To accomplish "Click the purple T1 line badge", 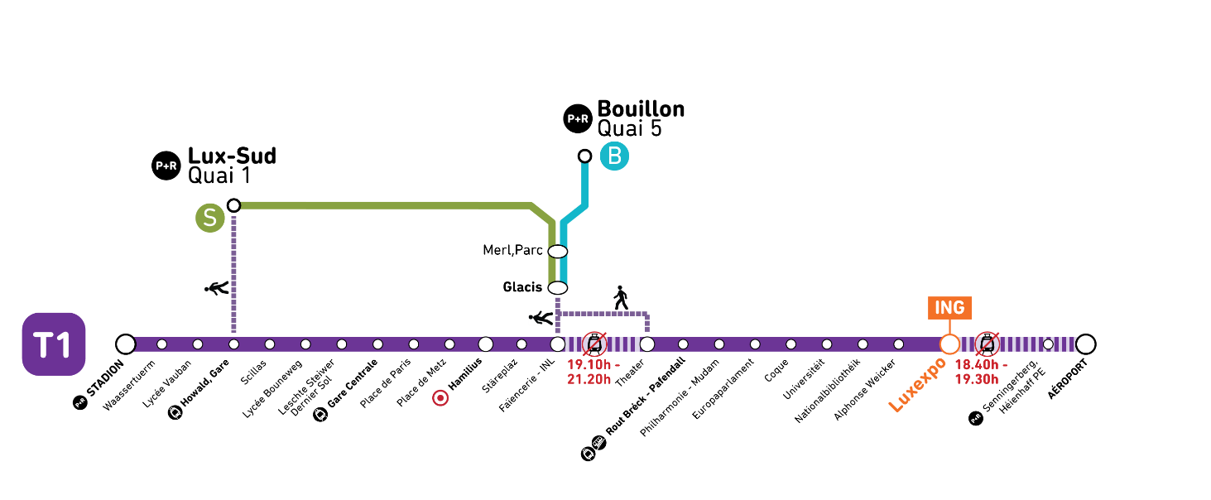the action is point(54,344).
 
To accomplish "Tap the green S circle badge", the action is point(209,218).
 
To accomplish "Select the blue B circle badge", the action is point(615,156).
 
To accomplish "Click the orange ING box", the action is point(950,308).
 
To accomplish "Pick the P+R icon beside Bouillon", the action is point(578,119).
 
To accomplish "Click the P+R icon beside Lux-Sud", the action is point(166,166).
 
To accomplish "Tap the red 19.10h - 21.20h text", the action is point(593,373).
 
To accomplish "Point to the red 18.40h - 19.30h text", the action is point(981,373).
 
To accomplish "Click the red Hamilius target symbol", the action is point(440,399).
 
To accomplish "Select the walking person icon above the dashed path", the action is point(621,298).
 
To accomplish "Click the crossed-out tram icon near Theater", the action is point(594,344).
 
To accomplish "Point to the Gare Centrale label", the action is point(352,383).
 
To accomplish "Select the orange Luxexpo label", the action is point(917,384).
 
